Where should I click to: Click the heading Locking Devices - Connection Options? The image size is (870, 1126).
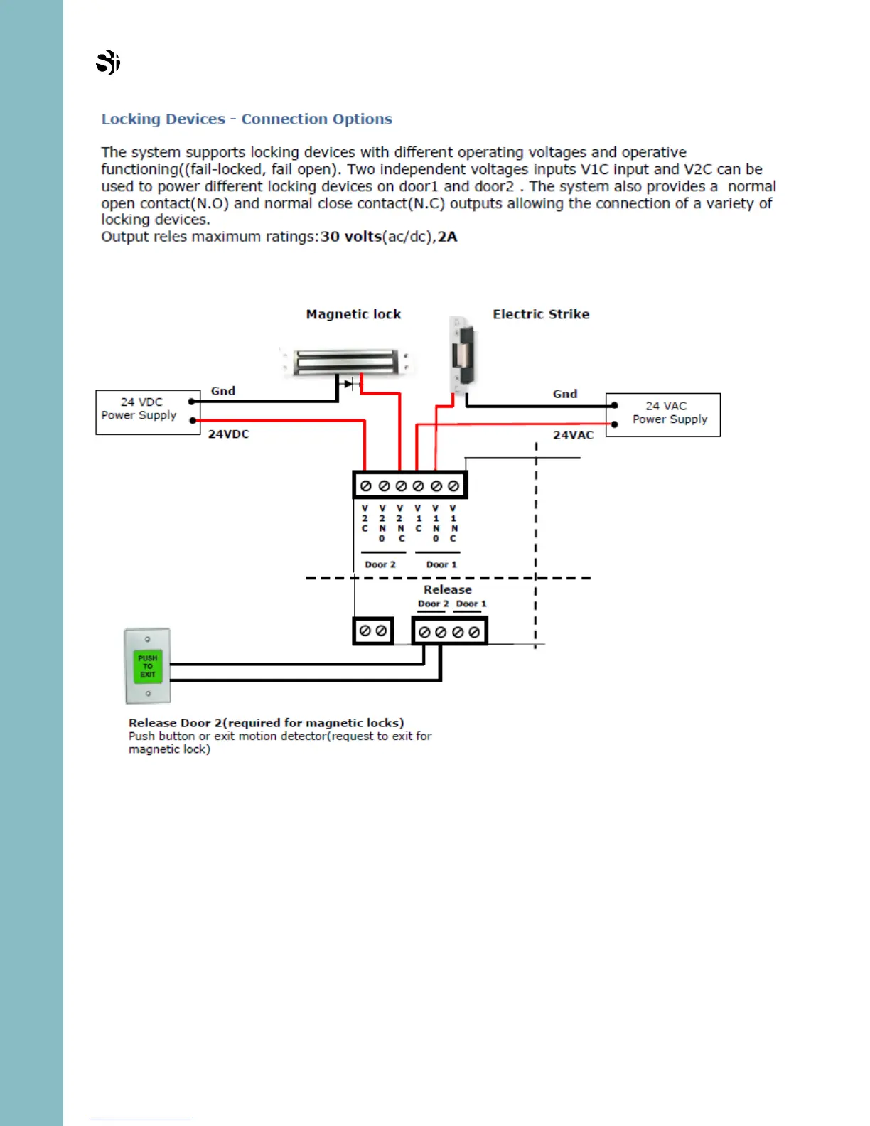(247, 119)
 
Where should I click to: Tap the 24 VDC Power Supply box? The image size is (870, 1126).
(148, 412)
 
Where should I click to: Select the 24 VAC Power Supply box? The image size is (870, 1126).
(662, 414)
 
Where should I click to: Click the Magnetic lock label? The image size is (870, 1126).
(353, 314)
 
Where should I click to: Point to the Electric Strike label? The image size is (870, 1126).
(541, 314)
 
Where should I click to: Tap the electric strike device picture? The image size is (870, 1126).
(462, 353)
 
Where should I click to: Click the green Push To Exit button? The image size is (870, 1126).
(148, 667)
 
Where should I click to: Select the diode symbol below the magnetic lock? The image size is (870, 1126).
(349, 384)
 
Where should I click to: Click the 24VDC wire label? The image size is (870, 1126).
(228, 434)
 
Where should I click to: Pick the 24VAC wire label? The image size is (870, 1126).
(573, 435)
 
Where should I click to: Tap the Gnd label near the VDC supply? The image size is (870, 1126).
(223, 391)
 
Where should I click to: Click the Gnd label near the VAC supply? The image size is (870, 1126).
(565, 394)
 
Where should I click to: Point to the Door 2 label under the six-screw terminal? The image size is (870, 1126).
(380, 564)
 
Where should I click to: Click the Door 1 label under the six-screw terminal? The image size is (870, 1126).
(441, 564)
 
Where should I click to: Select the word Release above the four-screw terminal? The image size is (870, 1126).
(448, 589)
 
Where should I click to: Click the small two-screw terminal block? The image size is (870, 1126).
(373, 631)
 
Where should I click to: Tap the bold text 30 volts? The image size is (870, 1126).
(351, 237)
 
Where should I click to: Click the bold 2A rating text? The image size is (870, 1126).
(448, 237)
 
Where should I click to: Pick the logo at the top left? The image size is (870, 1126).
(108, 63)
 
